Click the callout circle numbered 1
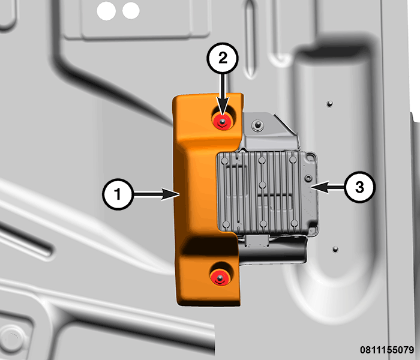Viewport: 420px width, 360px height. [118, 194]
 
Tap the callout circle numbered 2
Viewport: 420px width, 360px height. [223, 58]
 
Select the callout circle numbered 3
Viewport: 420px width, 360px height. [360, 187]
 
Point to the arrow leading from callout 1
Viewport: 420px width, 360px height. [156, 194]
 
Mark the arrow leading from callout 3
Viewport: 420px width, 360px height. [328, 187]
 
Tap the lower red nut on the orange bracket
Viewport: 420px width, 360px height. [220, 277]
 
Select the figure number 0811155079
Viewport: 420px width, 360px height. [387, 350]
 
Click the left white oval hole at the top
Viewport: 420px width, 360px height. [106, 11]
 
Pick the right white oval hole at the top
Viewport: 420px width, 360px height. [131, 11]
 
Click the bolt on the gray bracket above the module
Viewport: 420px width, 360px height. [257, 125]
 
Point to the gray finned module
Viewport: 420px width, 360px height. [268, 193]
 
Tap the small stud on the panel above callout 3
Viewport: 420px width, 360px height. [330, 104]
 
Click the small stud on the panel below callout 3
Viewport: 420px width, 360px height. [335, 250]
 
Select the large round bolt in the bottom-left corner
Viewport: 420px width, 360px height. [13, 339]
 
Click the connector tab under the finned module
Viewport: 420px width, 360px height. [256, 241]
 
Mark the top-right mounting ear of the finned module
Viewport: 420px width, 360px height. [311, 157]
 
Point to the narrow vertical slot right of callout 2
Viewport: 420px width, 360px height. [250, 40]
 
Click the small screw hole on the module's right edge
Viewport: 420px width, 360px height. [308, 178]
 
